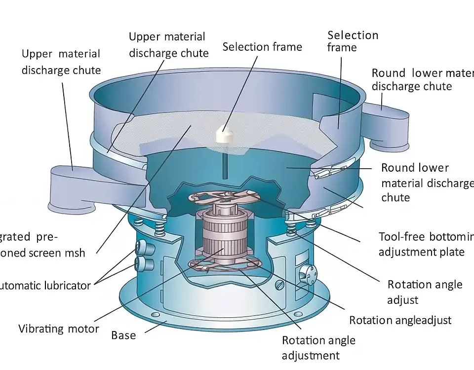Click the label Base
[123, 335]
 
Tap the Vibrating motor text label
[59, 329]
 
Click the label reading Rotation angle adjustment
[318, 348]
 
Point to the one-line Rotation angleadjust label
[400, 320]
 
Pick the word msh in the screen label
[74, 253]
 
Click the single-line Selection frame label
[262, 47]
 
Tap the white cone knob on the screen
[225, 135]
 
